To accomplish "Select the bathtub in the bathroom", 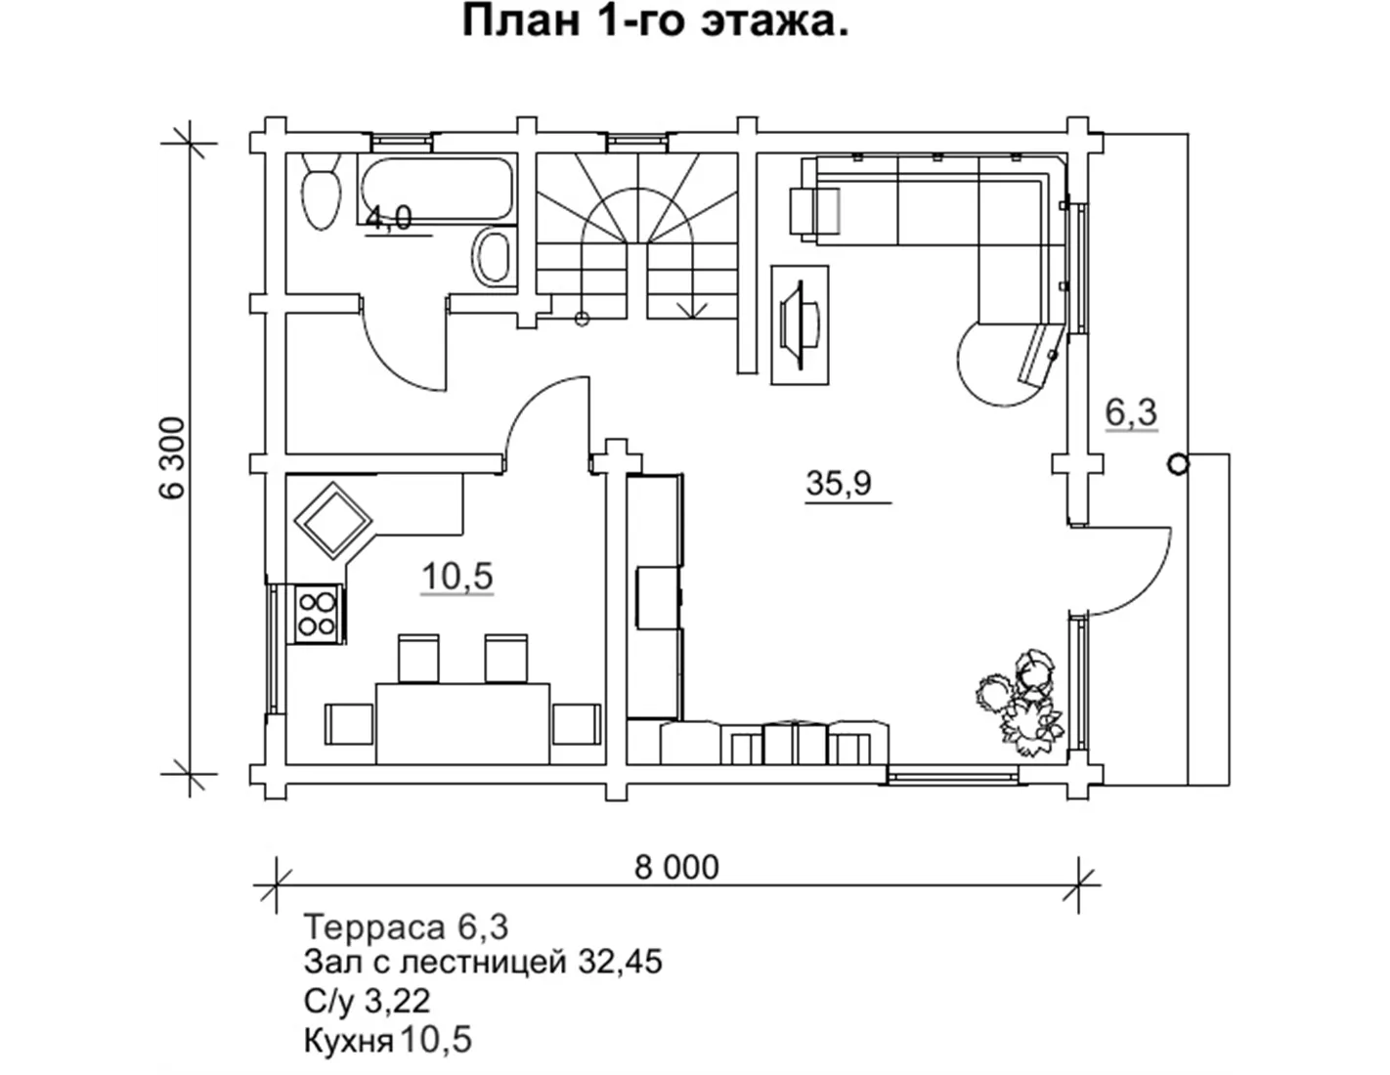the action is pos(437,189).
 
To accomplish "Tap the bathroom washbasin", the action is pos(493,258).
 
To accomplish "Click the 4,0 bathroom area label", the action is pos(389,219).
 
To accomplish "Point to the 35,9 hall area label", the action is pos(839,483).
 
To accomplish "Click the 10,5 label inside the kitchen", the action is pos(456,577).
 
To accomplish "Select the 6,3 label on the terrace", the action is pos(1131,412).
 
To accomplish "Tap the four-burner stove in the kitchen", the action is pos(318,614).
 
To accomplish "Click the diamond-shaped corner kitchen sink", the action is pos(333,521).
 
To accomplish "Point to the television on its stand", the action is pos(800,324).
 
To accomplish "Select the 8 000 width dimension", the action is pos(676,868).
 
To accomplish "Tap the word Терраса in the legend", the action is pos(374,926).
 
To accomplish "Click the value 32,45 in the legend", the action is pos(620,962).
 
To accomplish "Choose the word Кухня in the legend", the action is pos(348,1041).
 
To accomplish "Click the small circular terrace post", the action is pos(1178,464).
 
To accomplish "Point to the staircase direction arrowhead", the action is pos(691,310).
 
